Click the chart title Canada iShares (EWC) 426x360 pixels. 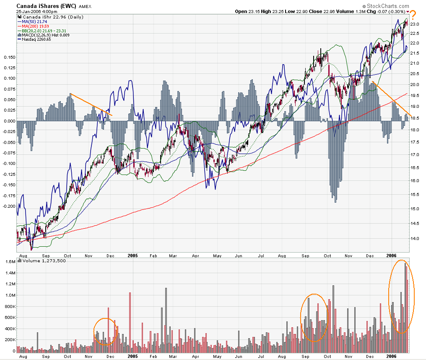coord(46,5)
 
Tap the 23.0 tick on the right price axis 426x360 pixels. coord(415,24)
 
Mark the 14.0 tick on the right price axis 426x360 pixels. coord(415,238)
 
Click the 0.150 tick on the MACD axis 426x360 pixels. coord(8,57)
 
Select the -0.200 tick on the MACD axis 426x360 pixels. coord(8,206)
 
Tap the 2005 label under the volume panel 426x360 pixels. coord(132,356)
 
